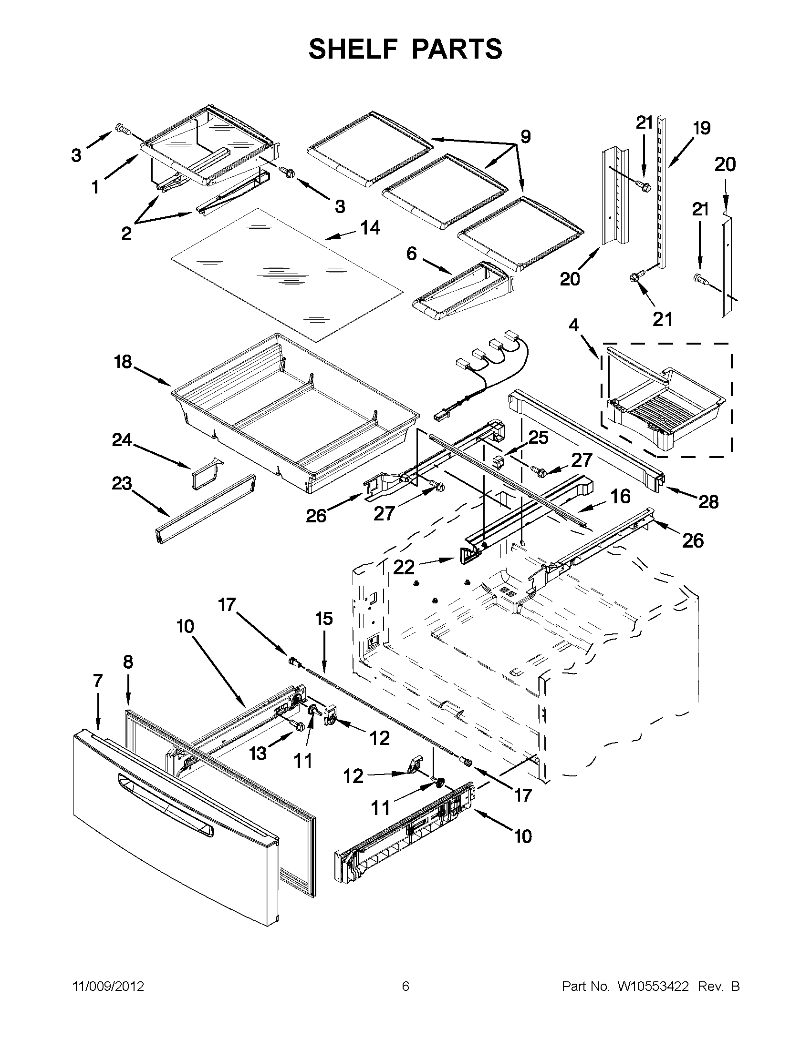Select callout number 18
coord(123,361)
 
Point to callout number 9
coord(525,137)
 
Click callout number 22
coord(404,567)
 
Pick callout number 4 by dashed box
coord(573,325)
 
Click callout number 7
coord(98,680)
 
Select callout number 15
coord(324,619)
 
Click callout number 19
coord(702,128)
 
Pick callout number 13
coord(258,753)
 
